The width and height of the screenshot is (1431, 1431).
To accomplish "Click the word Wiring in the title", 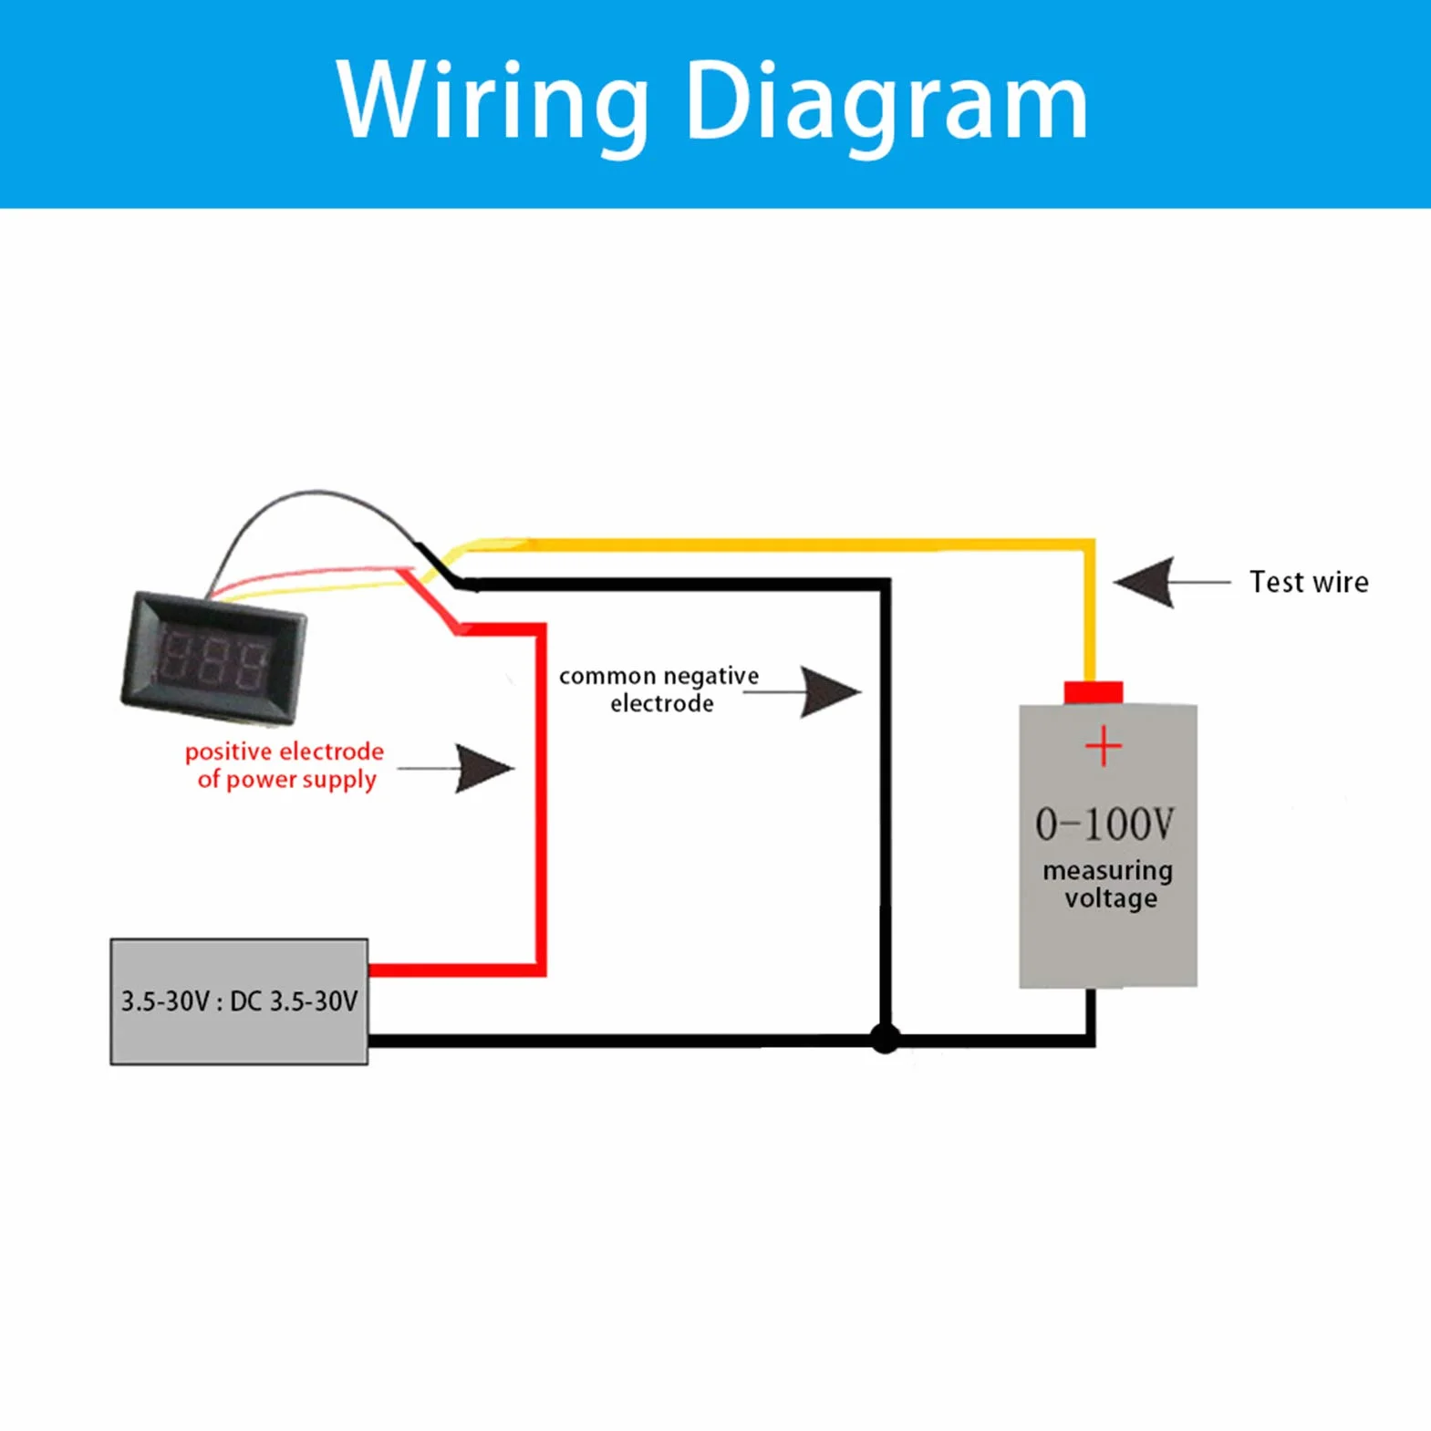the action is coord(493,103).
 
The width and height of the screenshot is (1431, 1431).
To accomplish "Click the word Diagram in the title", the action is coord(887,103).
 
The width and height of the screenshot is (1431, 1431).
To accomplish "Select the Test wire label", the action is coord(1309,582).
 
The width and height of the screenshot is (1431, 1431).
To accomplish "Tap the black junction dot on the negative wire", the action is coord(885,1039).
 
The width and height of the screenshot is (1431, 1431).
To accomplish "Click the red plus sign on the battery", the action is coord(1104,746).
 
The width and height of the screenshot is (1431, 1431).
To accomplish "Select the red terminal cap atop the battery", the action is coord(1094,692).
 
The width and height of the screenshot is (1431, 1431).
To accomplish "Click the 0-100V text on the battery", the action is coord(1104,824).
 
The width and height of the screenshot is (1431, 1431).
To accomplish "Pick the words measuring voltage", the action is coord(1108,884).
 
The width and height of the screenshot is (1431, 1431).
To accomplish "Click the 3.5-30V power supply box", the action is coord(239,1001).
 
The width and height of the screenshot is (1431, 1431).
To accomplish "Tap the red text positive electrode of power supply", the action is coord(285,765).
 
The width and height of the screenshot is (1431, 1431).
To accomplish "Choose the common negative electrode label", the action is coord(658,690).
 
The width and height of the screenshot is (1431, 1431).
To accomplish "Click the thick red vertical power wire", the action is coord(541,798).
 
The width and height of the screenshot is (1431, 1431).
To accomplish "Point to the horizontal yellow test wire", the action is coord(784,545).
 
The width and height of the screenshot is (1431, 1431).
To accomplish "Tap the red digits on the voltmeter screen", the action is coord(216,658).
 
